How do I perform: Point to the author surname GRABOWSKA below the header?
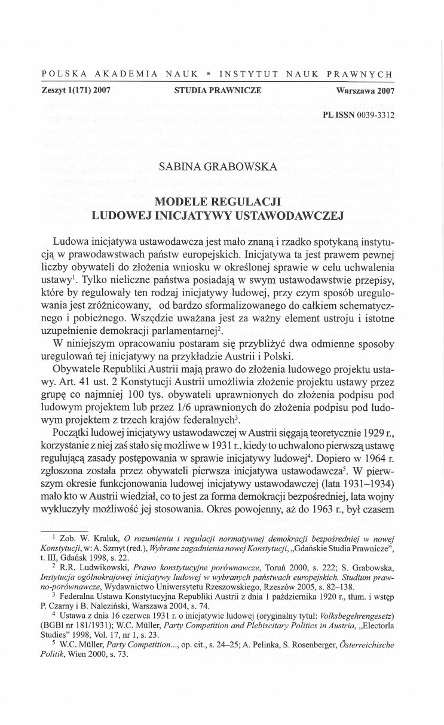pyautogui.click(x=246, y=167)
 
